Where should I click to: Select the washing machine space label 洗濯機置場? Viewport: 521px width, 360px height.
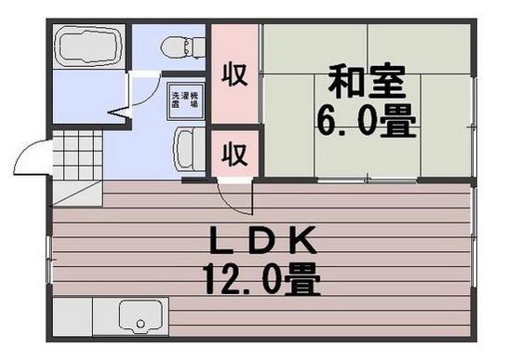click(x=182, y=100)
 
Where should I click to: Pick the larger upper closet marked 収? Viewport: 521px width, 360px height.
click(x=234, y=74)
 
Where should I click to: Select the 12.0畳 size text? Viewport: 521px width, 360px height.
click(x=260, y=278)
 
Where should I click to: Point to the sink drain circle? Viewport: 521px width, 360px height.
click(x=140, y=326)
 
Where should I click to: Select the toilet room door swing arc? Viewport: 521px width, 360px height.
click(x=140, y=88)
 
